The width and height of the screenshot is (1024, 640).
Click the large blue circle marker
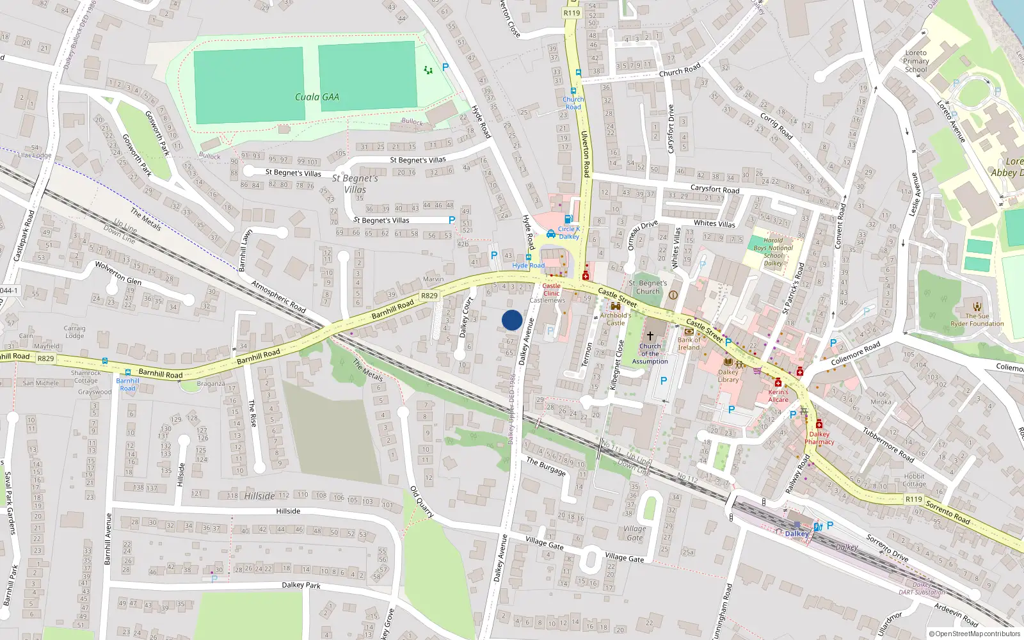click(x=512, y=320)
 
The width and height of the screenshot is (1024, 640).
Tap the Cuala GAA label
click(x=317, y=97)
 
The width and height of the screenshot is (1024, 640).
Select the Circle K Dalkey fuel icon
click(x=568, y=220)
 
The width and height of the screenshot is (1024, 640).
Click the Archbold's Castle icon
click(x=616, y=307)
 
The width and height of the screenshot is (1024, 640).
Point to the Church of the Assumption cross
click(x=650, y=336)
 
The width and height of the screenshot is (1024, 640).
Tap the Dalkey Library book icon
click(x=728, y=362)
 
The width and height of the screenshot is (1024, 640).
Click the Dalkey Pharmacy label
click(x=819, y=438)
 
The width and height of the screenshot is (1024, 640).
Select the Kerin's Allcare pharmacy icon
click(x=778, y=383)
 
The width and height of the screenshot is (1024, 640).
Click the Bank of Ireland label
click(x=689, y=344)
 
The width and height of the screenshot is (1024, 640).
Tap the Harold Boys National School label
click(x=773, y=252)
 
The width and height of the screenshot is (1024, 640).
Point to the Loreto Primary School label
click(x=916, y=61)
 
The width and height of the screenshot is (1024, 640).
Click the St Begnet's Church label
click(x=648, y=287)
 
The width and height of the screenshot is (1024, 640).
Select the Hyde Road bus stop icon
click(x=529, y=257)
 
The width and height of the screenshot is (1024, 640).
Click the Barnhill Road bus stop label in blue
click(x=128, y=384)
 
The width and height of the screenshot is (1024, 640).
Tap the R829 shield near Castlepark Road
click(x=45, y=358)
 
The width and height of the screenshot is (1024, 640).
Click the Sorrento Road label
click(x=948, y=512)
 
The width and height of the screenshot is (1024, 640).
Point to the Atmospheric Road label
click(x=278, y=296)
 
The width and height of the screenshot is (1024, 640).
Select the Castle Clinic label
click(x=551, y=289)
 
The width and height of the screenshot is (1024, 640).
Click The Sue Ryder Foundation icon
click(x=977, y=307)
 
